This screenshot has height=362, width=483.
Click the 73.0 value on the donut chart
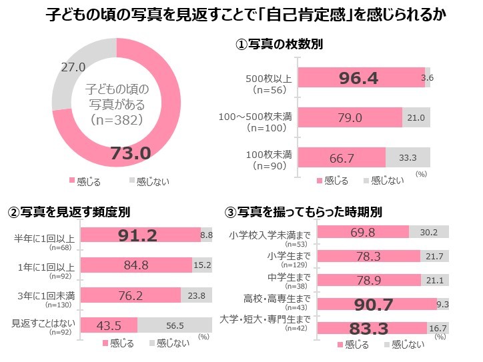pyautogui.click(x=130, y=153)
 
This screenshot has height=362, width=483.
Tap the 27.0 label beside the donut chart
pyautogui.click(x=73, y=67)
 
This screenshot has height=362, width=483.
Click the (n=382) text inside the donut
pyautogui.click(x=117, y=120)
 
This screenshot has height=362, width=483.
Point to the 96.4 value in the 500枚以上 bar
pyautogui.click(x=358, y=79)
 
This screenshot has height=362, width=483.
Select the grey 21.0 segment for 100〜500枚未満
pyautogui.click(x=416, y=118)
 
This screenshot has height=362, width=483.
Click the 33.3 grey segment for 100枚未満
pyautogui.click(x=408, y=157)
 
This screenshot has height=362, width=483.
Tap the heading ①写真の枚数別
pyautogui.click(x=280, y=45)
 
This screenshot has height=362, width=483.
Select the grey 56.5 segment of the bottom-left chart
pyautogui.click(x=175, y=325)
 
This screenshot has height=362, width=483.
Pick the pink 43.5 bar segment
pyautogui.click(x=109, y=325)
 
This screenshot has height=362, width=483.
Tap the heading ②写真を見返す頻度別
pyautogui.click(x=68, y=212)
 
